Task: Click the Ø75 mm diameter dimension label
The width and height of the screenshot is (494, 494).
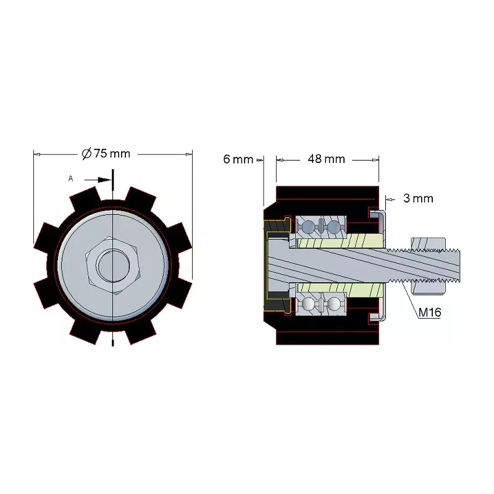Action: (x=106, y=153)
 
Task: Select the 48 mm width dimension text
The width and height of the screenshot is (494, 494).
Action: (x=327, y=159)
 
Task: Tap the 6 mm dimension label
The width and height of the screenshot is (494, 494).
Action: (x=238, y=159)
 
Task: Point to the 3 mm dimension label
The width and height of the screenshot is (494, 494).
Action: (x=418, y=198)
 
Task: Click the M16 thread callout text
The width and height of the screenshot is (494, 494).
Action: (x=430, y=312)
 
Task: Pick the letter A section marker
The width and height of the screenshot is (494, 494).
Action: (x=70, y=178)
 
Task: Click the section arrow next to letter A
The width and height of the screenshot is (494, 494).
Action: (x=98, y=180)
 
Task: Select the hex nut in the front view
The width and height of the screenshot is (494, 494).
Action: (x=113, y=266)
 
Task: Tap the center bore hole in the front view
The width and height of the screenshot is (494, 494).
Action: (x=113, y=266)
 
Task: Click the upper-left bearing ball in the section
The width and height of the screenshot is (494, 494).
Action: (x=308, y=226)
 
